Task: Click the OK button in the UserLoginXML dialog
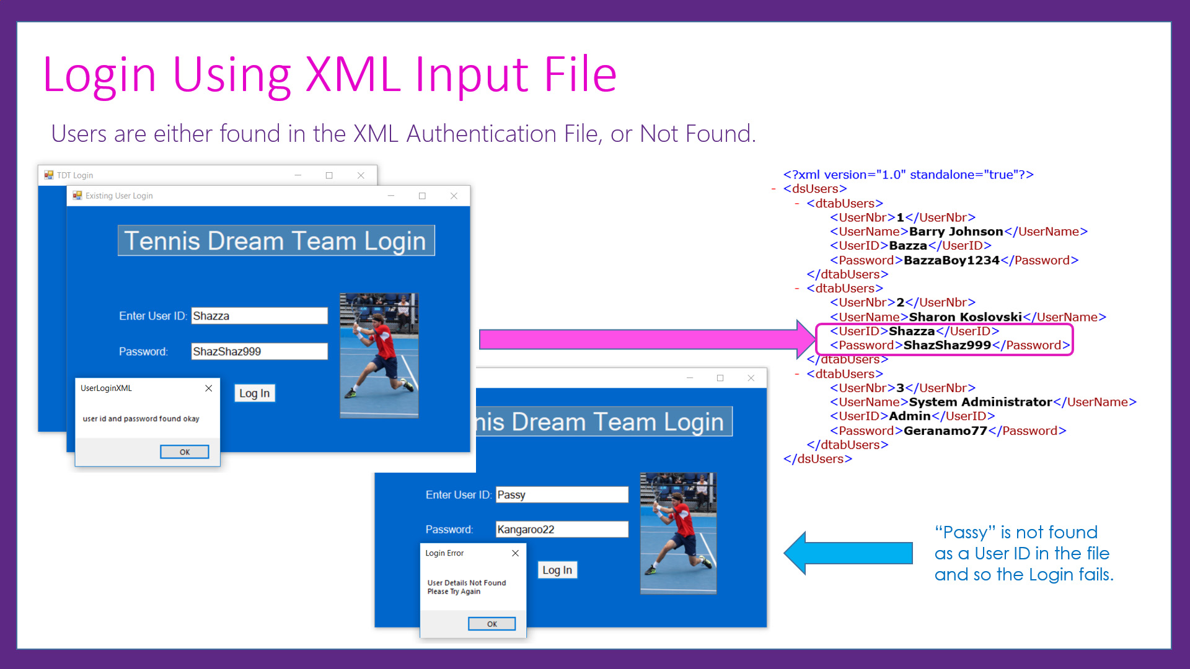pos(184,452)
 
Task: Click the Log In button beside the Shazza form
pos(254,393)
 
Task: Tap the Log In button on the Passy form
pos(557,570)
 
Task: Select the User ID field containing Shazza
pos(259,316)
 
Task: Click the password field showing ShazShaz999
pos(259,351)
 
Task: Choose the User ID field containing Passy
pos(562,495)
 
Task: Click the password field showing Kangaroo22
pos(562,530)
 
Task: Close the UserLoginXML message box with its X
pos(209,388)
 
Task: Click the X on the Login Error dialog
pos(515,553)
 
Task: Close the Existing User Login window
pos(454,196)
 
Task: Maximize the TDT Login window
pos(329,175)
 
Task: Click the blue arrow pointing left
pos(849,553)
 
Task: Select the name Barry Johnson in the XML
pos(956,232)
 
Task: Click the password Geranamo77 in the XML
pos(945,431)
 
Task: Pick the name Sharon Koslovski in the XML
pos(965,317)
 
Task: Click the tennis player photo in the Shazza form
pos(379,355)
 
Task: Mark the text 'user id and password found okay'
pos(141,419)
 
